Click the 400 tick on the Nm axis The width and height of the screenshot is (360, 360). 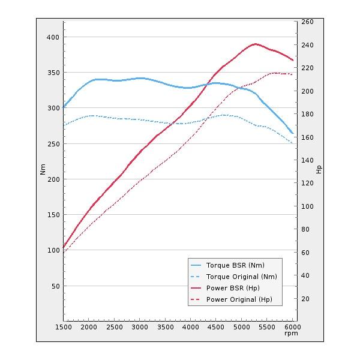click(53, 37)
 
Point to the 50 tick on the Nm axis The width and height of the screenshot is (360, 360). click(55, 286)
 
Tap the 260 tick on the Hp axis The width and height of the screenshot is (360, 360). click(307, 22)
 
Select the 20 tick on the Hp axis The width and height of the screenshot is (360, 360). click(305, 299)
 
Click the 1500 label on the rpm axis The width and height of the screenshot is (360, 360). click(64, 328)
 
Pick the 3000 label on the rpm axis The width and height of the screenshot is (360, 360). click(139, 328)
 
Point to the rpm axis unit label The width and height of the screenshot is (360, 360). click(291, 334)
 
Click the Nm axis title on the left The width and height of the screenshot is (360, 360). click(43, 169)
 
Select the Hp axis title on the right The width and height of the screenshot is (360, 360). click(319, 169)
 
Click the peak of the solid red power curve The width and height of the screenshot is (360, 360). click(256, 44)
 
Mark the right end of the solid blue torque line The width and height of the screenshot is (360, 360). click(292, 133)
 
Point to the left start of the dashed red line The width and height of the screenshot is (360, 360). click(64, 251)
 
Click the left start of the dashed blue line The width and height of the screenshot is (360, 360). click(64, 125)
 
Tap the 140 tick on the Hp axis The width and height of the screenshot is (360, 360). click(307, 160)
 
